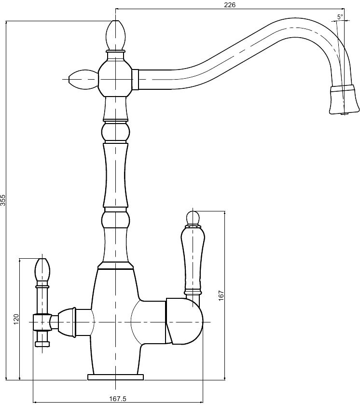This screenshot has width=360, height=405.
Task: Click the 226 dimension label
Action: pos(230,5)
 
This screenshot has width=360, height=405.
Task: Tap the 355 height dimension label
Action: pos(3,200)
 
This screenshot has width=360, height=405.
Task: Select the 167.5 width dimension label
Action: pos(118,399)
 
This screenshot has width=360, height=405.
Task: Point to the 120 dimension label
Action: pos(16,319)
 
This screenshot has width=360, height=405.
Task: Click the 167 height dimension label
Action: pos(222,296)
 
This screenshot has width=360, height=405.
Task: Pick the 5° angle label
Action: pos(340,17)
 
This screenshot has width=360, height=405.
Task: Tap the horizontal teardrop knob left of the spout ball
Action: pos(83,79)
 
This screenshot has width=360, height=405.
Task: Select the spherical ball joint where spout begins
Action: pos(115,79)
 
